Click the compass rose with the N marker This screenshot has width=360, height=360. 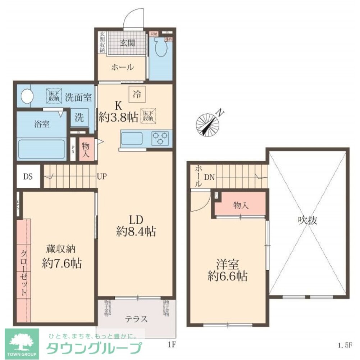coord(208,124)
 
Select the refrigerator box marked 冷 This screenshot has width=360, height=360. coord(137,95)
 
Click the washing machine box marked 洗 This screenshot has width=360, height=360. coord(79,117)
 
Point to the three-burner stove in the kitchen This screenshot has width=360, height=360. coord(161,138)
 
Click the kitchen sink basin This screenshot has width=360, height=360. coord(132,138)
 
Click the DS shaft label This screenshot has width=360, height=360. coord(28,176)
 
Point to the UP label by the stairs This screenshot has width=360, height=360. coord(101,176)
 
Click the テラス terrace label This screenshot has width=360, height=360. coord(136,319)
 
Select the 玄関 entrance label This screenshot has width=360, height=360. coord(127,43)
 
